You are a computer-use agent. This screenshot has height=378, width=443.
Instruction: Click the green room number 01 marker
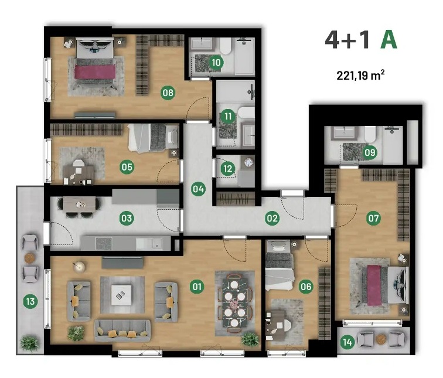(x=197, y=287)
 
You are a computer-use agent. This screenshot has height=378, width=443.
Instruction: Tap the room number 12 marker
(x=228, y=169)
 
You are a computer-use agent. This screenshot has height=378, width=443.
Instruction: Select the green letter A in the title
(x=389, y=40)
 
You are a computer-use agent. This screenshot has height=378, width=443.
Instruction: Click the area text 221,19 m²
(x=360, y=76)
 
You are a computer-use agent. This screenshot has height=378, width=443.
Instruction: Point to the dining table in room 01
(x=234, y=303)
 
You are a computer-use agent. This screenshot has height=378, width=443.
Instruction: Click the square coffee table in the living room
(x=121, y=295)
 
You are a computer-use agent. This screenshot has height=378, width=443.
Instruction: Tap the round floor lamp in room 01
(x=79, y=266)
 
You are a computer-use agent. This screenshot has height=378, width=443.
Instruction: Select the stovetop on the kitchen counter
(x=104, y=244)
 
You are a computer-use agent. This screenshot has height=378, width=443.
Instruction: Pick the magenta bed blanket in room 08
(x=95, y=71)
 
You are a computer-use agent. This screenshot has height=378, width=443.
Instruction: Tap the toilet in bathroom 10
(x=226, y=46)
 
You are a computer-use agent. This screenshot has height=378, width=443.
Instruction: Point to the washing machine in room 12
(x=248, y=163)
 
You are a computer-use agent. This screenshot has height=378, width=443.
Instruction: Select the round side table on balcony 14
(x=380, y=339)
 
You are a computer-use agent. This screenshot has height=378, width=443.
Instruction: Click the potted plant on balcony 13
(x=29, y=343)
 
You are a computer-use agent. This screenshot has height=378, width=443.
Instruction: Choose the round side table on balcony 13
(x=30, y=258)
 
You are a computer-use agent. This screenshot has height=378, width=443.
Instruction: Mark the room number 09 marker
(x=370, y=152)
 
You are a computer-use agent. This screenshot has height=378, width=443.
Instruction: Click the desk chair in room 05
(x=79, y=164)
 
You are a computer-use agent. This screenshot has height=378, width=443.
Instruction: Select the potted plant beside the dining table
(x=250, y=339)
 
